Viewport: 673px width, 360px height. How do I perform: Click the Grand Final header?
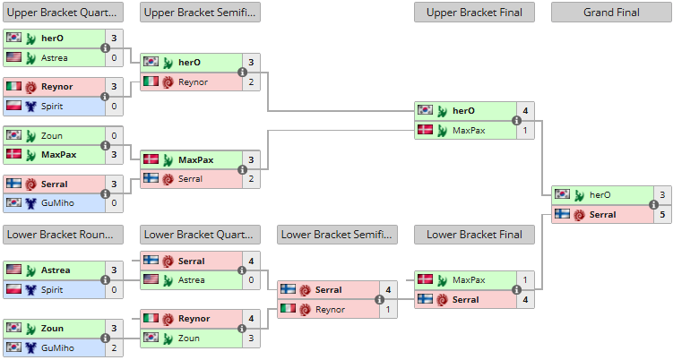click(x=611, y=13)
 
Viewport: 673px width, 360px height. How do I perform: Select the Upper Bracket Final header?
click(x=474, y=13)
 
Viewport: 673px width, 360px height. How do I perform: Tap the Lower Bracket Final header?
click(x=474, y=235)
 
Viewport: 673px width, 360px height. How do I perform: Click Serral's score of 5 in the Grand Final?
click(x=662, y=214)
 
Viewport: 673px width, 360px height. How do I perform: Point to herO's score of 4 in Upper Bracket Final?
click(x=525, y=111)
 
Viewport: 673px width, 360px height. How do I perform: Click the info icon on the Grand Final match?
click(x=653, y=205)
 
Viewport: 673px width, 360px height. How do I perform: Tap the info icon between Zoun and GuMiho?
click(x=105, y=339)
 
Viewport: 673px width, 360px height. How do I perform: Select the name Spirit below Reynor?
click(x=52, y=106)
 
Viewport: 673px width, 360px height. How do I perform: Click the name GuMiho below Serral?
click(x=57, y=203)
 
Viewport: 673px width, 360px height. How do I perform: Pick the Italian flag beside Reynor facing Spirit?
click(x=13, y=86)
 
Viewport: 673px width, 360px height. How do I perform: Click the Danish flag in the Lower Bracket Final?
click(x=426, y=279)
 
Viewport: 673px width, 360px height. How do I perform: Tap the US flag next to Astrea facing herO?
click(x=13, y=57)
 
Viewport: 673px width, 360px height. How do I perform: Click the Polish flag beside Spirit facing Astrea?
click(x=13, y=289)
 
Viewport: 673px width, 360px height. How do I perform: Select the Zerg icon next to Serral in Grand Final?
click(x=580, y=215)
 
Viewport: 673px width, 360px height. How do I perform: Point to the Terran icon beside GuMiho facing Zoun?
click(x=30, y=348)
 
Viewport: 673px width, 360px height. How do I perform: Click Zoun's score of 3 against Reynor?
click(x=251, y=339)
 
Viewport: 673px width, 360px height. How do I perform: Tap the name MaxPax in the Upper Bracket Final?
click(x=469, y=131)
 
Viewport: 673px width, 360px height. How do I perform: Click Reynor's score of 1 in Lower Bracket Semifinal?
click(x=388, y=309)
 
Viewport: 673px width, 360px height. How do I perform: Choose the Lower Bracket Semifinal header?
click(x=337, y=235)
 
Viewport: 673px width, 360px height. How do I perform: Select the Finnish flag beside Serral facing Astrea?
click(x=151, y=260)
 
